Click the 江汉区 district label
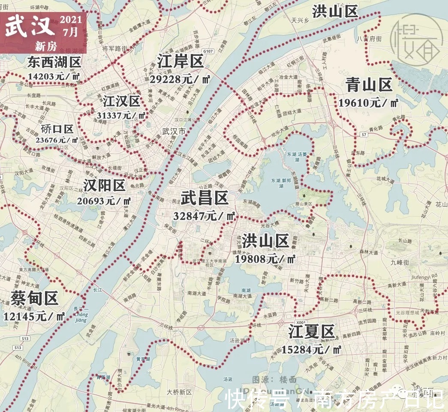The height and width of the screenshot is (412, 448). point(121,101)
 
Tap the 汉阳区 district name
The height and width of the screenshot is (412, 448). point(104,185)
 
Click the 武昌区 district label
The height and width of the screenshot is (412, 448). point(204,199)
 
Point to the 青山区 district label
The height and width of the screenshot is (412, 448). point(369,85)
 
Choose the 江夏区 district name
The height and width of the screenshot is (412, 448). point(311,332)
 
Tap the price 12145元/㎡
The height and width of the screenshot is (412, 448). point(34,316)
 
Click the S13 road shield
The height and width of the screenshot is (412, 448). point(18,347)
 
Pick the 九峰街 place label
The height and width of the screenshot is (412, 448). point(401,261)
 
